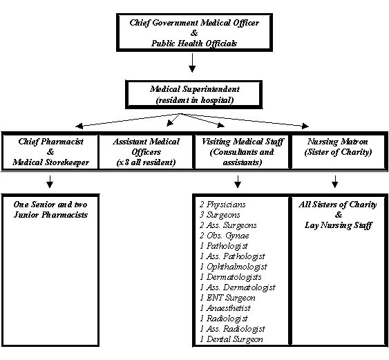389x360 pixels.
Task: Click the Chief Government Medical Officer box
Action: point(195,32)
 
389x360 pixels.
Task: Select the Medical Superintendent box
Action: point(193,95)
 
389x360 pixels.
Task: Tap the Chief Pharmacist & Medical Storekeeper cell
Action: point(50,151)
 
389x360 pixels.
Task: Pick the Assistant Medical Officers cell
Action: point(146,151)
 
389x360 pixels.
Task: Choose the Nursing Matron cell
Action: point(339,151)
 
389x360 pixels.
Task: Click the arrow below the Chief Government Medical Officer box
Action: point(192,63)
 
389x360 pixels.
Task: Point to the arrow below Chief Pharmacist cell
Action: point(50,182)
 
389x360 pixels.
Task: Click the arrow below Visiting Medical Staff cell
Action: point(238,182)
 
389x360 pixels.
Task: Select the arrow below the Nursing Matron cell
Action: point(335,182)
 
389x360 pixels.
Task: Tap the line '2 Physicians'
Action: point(222,205)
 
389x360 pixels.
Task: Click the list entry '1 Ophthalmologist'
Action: point(234,267)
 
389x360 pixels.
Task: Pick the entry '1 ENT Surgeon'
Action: point(228,298)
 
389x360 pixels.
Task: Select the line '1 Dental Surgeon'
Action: point(231,339)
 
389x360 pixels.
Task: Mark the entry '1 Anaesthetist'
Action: point(225,308)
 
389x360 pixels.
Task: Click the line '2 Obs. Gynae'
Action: point(225,236)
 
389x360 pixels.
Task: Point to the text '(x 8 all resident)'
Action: point(146,162)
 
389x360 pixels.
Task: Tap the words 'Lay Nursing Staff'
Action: point(339,225)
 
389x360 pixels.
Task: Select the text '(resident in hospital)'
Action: point(195,100)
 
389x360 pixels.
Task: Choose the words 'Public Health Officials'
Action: point(194,44)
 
